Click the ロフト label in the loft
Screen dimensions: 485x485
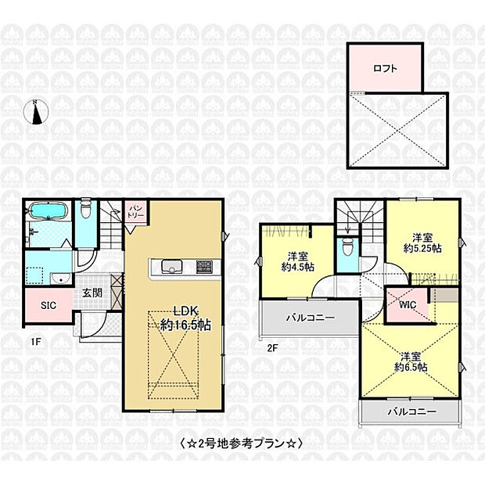pos(384,68)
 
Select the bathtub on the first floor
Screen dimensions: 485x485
pos(46,212)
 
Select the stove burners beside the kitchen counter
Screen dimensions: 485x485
pos(203,267)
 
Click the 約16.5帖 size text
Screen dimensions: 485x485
pos(185,324)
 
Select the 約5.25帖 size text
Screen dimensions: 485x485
pos(423,247)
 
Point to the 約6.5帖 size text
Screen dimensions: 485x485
pos(410,367)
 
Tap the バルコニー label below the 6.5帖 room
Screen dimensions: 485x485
pos(410,411)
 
